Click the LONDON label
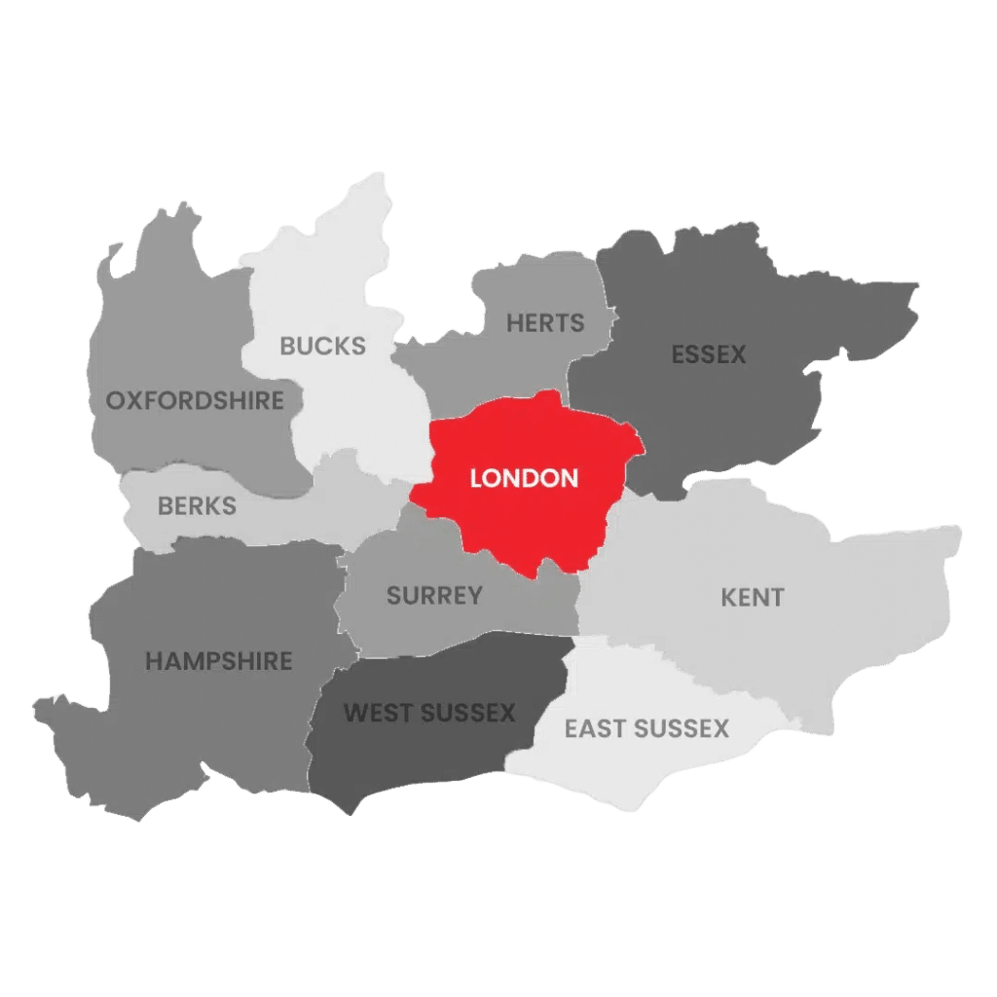(524, 479)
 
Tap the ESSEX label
(709, 355)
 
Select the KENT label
(753, 598)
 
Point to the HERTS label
(545, 323)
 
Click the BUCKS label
(323, 346)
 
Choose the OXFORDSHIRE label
(195, 400)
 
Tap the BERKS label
(197, 506)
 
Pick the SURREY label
(434, 596)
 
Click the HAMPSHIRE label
(219, 661)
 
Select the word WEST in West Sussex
(377, 714)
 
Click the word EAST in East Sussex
(595, 729)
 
